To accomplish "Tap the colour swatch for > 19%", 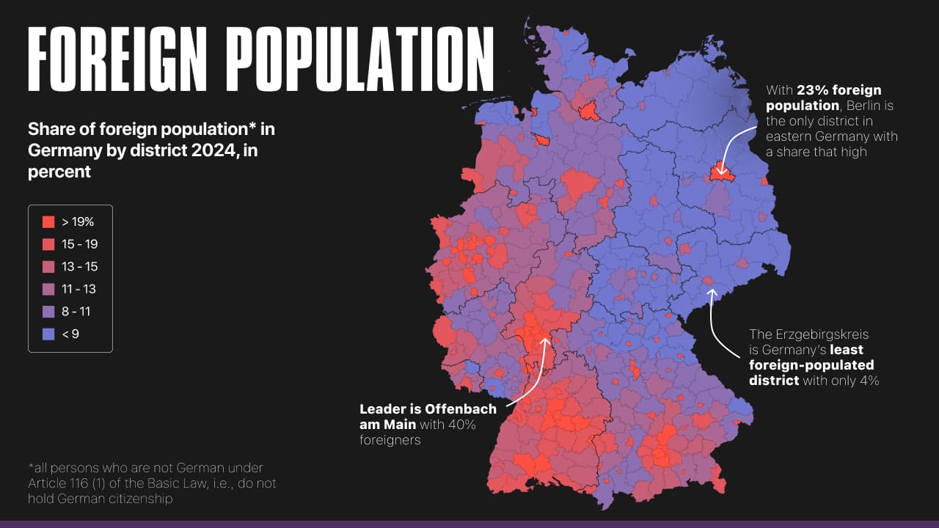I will [x=49, y=221].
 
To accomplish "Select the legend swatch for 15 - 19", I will [x=49, y=244].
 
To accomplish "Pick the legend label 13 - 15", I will [x=79, y=266].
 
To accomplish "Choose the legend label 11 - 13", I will [x=79, y=289].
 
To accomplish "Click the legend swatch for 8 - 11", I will [x=49, y=312].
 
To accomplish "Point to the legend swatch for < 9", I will [x=49, y=334].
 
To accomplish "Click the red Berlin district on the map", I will [x=720, y=173].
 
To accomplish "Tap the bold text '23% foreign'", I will [x=839, y=90].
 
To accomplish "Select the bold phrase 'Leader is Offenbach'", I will [x=428, y=409].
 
